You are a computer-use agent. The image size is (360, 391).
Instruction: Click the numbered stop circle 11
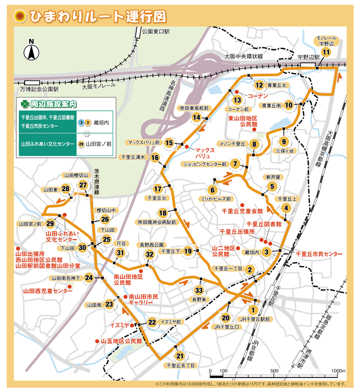click(326, 52)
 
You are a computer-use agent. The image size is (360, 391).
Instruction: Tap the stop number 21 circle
click(179, 357)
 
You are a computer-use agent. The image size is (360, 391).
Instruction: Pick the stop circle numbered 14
click(196, 117)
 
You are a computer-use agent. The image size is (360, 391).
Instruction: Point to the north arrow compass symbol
click(31, 51)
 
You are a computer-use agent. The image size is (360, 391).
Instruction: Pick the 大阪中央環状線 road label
click(243, 56)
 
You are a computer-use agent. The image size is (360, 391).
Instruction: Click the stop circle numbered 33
click(198, 290)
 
